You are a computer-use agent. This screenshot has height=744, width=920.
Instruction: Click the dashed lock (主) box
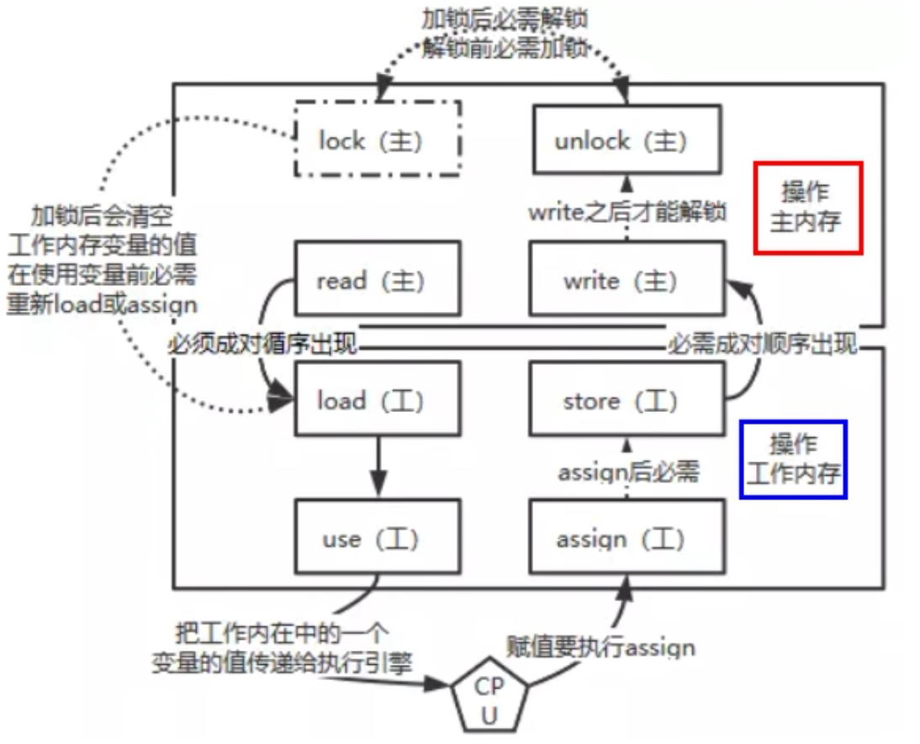point(377,139)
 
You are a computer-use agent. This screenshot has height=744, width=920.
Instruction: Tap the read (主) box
point(377,279)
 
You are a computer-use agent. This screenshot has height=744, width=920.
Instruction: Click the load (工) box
point(377,400)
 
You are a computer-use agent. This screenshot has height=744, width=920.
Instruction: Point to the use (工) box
point(377,538)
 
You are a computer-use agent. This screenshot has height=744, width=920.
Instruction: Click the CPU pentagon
point(489,701)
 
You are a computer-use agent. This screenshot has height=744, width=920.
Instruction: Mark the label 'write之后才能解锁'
point(627,213)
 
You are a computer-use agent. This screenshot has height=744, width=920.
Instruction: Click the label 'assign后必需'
point(628,472)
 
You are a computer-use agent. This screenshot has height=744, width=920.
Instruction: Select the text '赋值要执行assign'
point(600,647)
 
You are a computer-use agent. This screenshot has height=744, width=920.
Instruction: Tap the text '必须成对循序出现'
point(265,344)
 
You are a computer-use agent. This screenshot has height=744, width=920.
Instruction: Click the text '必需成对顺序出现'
point(762,344)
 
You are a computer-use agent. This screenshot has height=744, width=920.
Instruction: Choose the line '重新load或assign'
point(102,304)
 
